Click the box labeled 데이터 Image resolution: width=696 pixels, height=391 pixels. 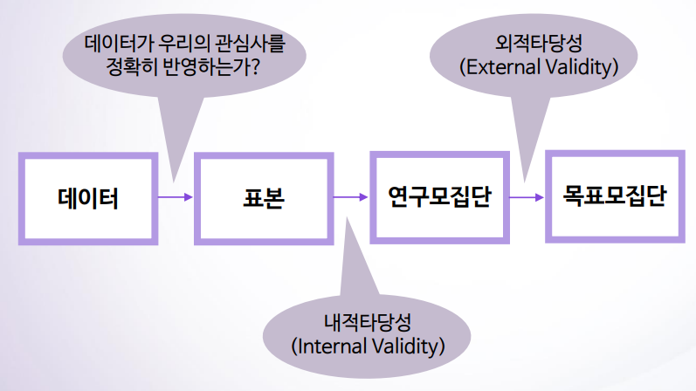click(x=88, y=198)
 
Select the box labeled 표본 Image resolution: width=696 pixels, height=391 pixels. click(x=264, y=198)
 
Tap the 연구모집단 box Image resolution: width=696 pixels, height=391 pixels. click(x=439, y=196)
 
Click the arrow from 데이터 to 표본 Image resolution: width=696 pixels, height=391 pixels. click(x=175, y=197)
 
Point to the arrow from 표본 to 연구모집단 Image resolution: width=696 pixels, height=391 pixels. click(x=351, y=197)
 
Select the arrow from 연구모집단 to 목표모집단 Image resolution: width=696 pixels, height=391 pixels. click(x=527, y=196)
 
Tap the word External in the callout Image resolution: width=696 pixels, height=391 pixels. click(x=495, y=66)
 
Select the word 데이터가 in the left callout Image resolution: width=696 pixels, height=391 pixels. click(x=117, y=43)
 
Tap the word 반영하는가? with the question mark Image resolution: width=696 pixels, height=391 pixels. click(x=213, y=66)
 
